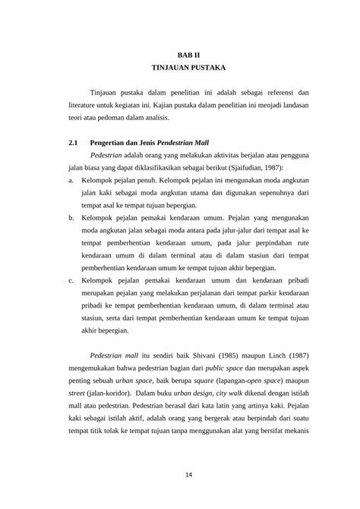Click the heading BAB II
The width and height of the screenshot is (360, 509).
click(180, 55)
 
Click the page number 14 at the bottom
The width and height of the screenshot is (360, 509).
click(180, 475)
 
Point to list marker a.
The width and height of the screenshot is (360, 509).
click(71, 181)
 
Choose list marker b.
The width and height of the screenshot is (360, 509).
click(71, 217)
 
